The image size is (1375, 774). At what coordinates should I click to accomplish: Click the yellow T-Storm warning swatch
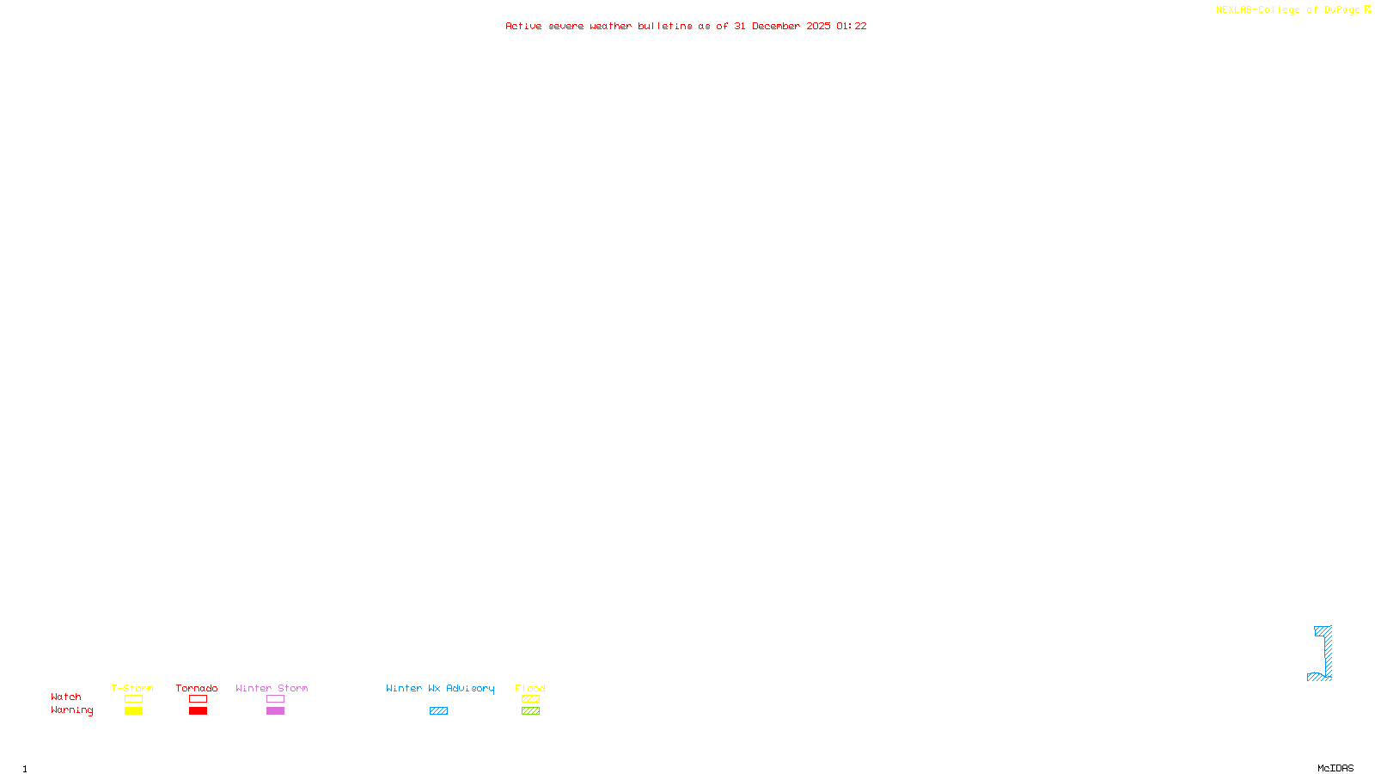tap(133, 711)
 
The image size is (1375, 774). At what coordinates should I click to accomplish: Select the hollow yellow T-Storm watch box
tap(133, 699)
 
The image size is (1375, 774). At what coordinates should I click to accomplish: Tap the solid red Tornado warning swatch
tap(198, 711)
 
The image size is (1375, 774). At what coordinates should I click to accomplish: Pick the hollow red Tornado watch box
tap(198, 699)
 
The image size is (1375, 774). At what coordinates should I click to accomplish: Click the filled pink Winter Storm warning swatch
tap(275, 711)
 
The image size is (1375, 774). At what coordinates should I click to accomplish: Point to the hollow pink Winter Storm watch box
tap(275, 699)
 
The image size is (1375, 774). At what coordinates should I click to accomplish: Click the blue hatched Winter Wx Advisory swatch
tap(438, 711)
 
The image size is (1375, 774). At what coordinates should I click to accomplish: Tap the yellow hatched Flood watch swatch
tap(530, 699)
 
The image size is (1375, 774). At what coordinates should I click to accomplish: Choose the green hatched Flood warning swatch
tap(530, 711)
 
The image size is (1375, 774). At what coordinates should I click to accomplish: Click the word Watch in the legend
tap(66, 697)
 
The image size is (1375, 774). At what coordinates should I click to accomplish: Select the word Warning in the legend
tap(71, 710)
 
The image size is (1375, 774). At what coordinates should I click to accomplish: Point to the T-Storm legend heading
tap(132, 688)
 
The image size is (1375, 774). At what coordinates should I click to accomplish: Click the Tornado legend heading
tap(197, 688)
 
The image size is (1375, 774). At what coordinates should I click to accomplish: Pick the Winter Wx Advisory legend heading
tap(440, 688)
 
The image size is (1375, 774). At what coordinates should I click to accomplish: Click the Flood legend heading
tap(530, 688)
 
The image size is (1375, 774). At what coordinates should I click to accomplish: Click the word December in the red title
tap(776, 26)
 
